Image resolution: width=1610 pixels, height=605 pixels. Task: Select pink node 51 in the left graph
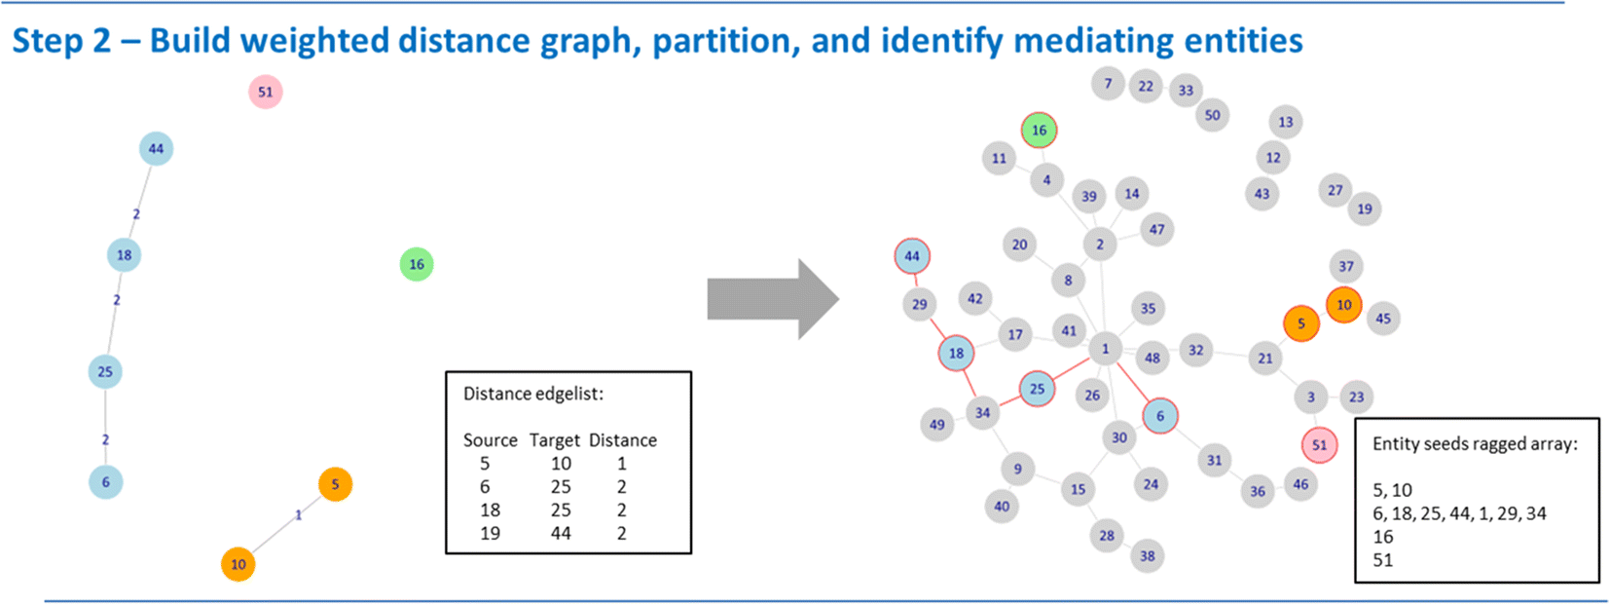(x=266, y=93)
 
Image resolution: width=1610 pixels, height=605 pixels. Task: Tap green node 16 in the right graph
(x=1039, y=131)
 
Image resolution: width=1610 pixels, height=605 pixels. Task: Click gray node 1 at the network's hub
(x=1105, y=349)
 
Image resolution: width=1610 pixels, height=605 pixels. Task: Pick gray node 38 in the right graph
(x=1148, y=556)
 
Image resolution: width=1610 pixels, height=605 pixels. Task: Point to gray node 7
(x=1108, y=84)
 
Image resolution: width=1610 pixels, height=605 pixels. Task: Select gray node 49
(x=936, y=425)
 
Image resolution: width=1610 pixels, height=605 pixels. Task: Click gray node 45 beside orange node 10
(x=1383, y=319)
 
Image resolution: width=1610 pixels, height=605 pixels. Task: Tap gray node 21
(x=1264, y=359)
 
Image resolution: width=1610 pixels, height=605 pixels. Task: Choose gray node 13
(x=1286, y=122)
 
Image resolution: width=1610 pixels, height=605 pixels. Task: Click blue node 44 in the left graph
(x=156, y=149)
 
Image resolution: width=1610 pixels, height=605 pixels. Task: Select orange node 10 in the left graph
(x=238, y=564)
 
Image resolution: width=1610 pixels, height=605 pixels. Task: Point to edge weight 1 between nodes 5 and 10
(x=298, y=514)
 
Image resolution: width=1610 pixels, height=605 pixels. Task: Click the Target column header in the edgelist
(x=554, y=440)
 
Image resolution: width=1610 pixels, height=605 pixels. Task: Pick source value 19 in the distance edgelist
(x=490, y=533)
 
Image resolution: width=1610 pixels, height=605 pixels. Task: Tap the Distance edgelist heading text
(x=532, y=394)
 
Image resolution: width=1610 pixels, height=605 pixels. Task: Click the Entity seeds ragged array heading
(x=1474, y=443)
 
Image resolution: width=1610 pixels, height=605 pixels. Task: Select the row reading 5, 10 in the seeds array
(x=1392, y=490)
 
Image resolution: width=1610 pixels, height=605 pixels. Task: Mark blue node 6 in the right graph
(x=1159, y=416)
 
